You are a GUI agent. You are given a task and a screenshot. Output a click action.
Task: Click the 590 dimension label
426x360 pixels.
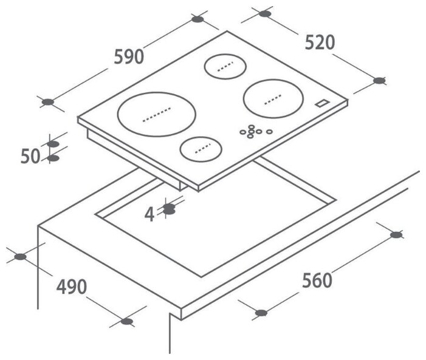(x=128, y=56)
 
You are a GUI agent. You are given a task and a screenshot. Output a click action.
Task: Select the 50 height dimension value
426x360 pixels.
(x=30, y=156)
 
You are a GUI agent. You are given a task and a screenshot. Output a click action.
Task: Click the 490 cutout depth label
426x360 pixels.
(x=70, y=287)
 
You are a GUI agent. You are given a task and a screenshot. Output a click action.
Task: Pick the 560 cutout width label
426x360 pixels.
(x=317, y=280)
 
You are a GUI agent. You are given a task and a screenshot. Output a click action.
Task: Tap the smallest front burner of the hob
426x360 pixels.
(x=200, y=148)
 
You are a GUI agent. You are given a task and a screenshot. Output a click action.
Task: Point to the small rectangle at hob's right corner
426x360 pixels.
(x=323, y=104)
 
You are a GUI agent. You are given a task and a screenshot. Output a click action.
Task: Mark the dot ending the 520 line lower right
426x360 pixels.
(x=380, y=80)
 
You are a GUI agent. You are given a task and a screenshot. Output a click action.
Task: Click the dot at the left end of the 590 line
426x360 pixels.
(x=48, y=101)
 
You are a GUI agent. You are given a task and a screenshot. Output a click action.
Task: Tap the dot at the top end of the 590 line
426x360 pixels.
(x=198, y=19)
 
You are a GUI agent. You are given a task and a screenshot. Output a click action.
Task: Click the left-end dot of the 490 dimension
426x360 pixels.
(x=21, y=257)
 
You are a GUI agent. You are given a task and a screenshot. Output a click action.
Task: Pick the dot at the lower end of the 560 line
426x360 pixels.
(x=261, y=313)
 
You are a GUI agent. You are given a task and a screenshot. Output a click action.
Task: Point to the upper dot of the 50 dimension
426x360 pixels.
(x=53, y=144)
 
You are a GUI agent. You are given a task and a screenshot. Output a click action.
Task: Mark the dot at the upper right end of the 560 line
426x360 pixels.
(x=396, y=234)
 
